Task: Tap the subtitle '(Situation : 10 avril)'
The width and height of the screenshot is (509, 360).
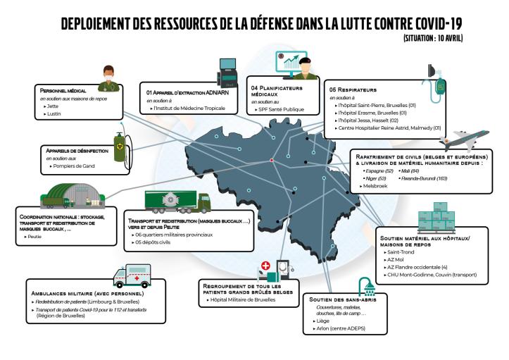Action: click(433, 37)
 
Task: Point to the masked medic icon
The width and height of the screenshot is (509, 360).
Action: click(107, 79)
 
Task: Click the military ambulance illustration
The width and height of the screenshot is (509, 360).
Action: click(127, 274)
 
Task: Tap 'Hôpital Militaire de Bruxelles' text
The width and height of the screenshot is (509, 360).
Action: click(242, 300)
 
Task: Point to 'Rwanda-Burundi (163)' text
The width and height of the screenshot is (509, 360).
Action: click(425, 178)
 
